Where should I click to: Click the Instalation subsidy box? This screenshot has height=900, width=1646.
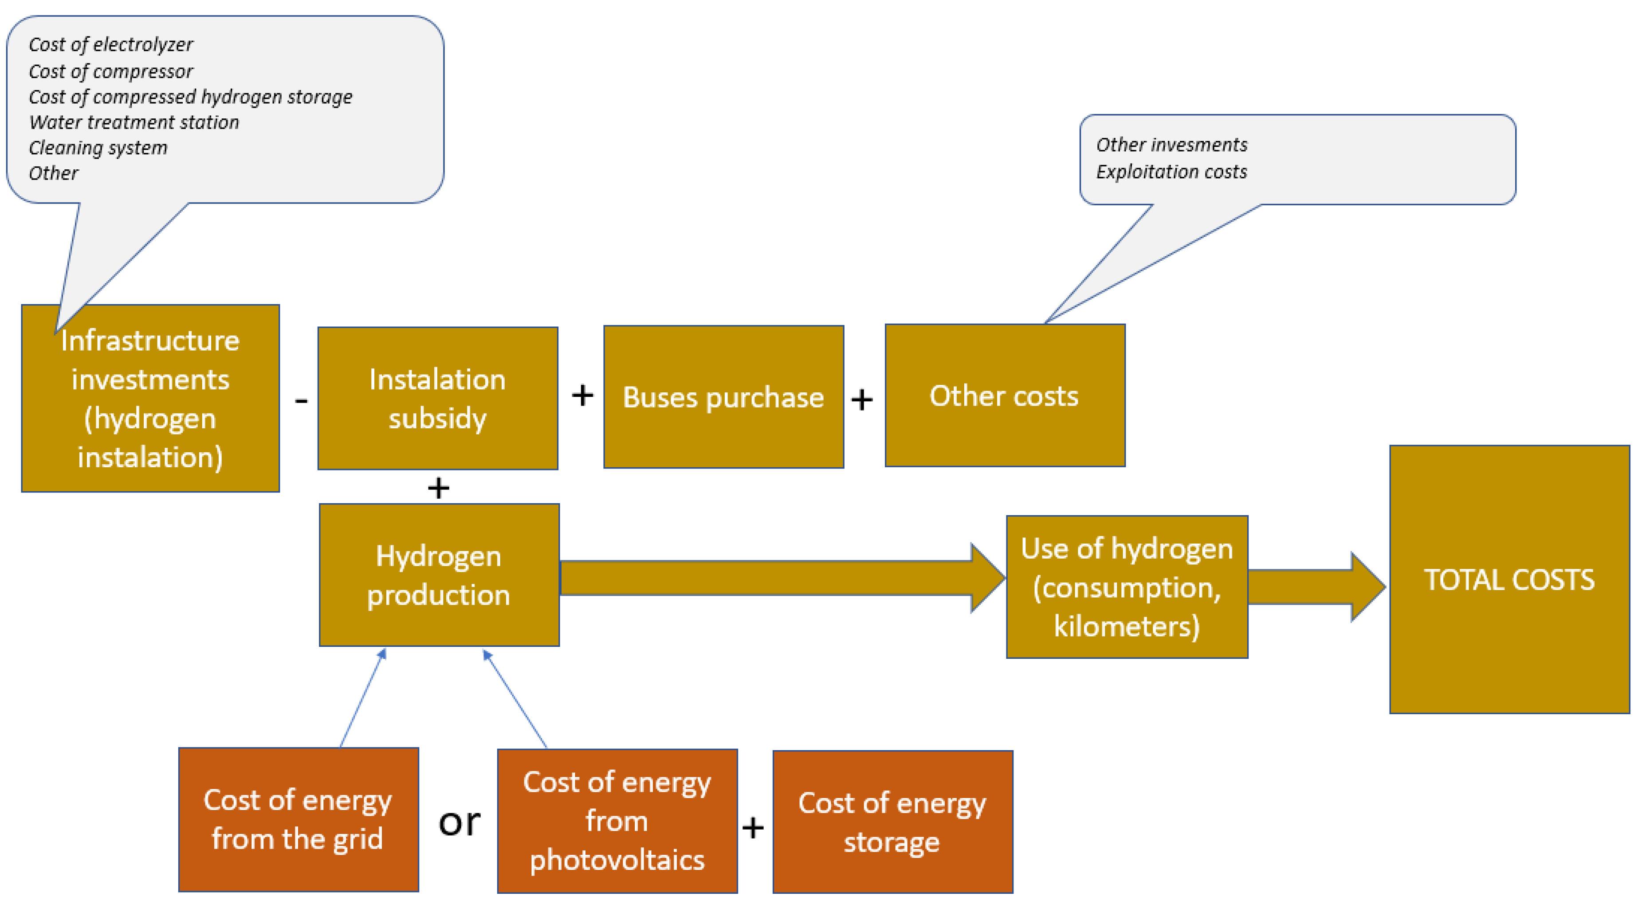tap(438, 398)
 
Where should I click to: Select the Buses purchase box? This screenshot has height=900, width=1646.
tap(723, 397)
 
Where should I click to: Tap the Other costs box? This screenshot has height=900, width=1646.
tap(1005, 395)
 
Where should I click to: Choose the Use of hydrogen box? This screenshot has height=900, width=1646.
tap(1127, 587)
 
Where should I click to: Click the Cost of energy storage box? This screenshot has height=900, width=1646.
tap(892, 822)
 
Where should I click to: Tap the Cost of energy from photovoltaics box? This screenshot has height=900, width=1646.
tap(617, 821)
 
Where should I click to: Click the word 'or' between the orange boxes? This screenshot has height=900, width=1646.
tap(459, 822)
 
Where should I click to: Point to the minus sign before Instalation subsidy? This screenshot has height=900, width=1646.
tap(301, 400)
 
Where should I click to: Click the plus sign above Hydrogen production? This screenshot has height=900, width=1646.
tap(438, 488)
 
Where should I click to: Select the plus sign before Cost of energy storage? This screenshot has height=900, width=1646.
tap(753, 827)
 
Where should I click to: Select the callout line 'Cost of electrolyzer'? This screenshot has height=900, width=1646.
tap(110, 45)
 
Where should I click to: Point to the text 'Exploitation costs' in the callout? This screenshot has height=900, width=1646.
tap(1171, 172)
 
